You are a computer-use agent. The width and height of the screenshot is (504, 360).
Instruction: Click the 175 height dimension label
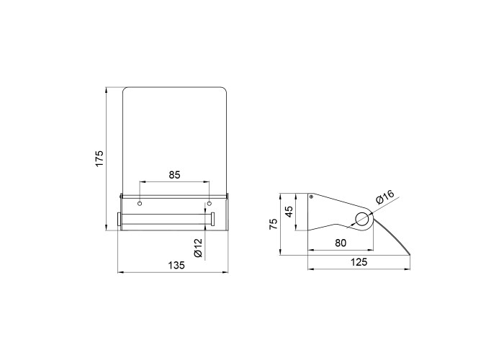[99, 158]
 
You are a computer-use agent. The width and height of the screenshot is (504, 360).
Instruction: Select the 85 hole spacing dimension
[174, 175]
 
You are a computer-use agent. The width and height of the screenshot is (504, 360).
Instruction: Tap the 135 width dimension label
[176, 265]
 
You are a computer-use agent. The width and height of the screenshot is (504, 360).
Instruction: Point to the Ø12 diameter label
[198, 248]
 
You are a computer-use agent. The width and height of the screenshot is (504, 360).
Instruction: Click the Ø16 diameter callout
[384, 197]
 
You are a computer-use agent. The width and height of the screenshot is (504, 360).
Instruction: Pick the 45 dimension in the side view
[289, 212]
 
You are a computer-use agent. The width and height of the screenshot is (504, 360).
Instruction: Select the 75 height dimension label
[273, 224]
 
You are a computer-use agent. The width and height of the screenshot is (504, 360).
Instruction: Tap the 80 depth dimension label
[341, 243]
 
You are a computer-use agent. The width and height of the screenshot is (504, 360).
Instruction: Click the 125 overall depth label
[359, 262]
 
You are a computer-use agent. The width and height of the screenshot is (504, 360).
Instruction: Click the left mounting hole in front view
[140, 204]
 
